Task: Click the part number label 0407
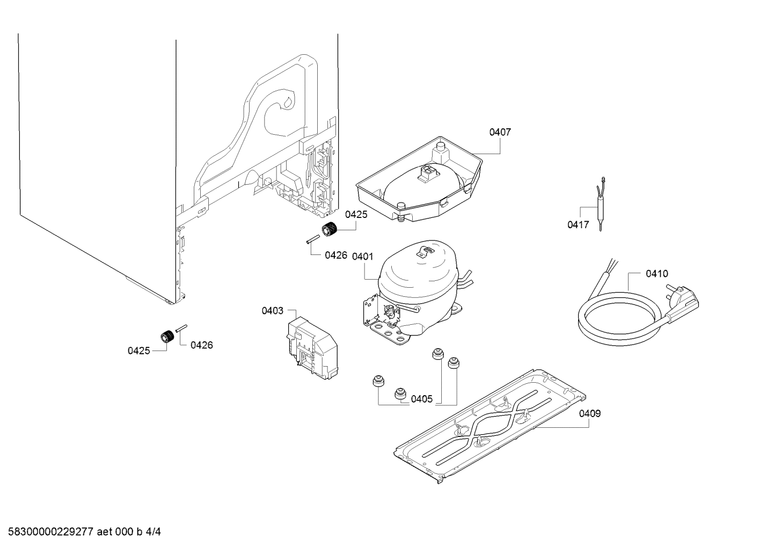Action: coord(500,132)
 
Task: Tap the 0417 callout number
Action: coord(578,225)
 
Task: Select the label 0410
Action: coord(657,274)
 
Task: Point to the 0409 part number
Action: coord(590,413)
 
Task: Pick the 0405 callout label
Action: coord(422,399)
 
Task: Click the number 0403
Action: coord(273,311)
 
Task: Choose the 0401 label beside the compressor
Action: coord(362,257)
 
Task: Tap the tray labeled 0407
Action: coord(419,183)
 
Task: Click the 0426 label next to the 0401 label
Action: coord(336,256)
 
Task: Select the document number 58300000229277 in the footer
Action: coord(51,532)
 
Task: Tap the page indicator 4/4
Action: coord(154,532)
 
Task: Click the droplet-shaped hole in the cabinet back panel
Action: coord(288,102)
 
